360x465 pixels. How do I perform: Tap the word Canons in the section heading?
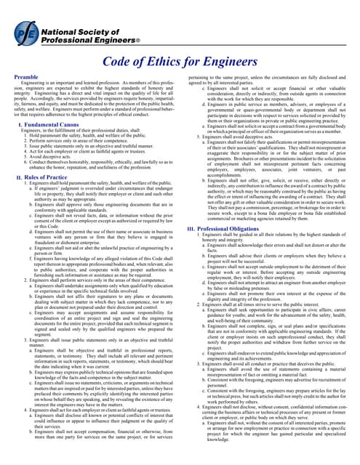75,125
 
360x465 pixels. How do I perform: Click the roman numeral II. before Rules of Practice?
17,177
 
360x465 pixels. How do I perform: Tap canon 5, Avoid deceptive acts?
54,155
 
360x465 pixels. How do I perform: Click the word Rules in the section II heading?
32,177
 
